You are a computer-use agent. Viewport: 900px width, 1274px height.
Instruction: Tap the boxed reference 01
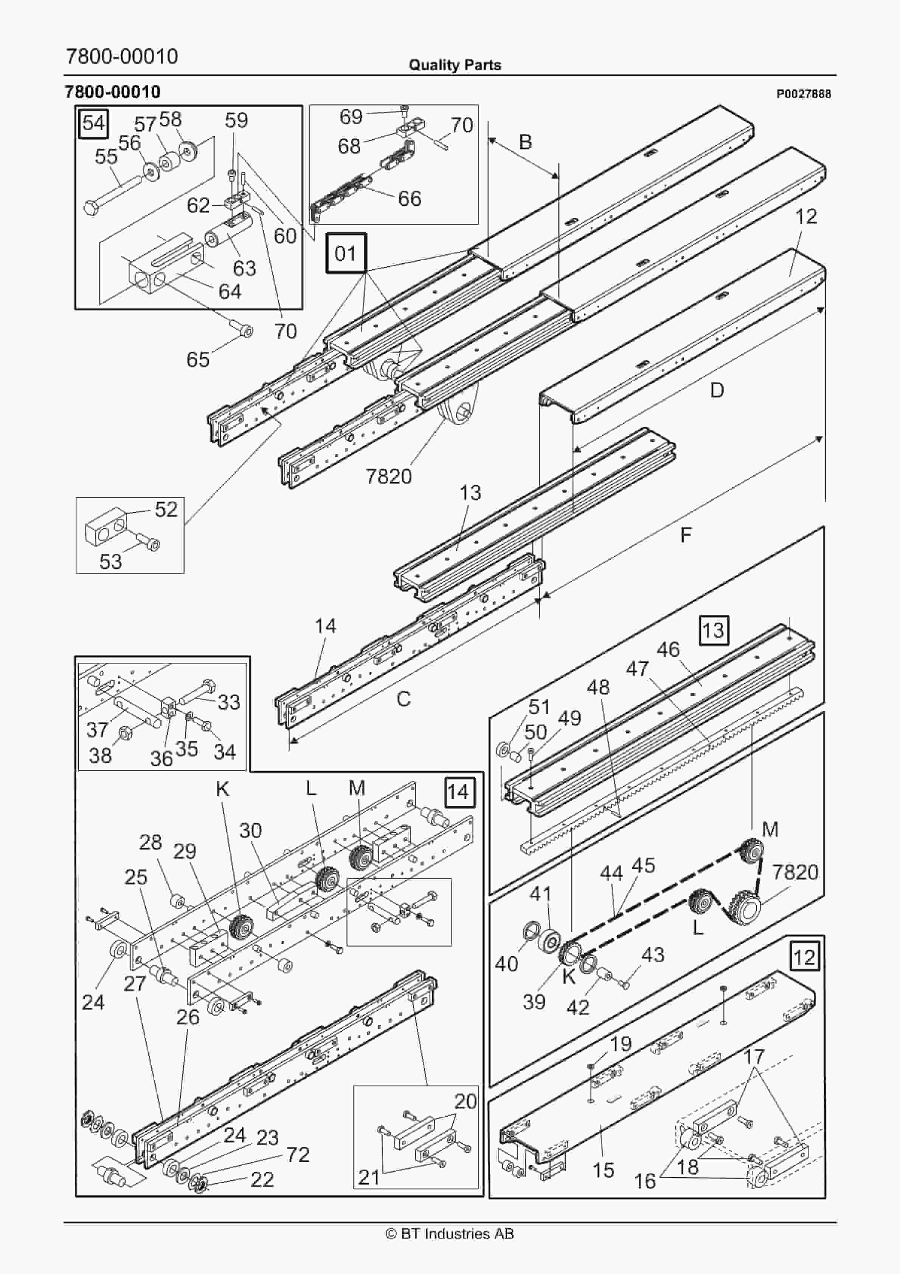346,253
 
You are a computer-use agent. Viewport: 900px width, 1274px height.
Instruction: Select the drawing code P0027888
804,94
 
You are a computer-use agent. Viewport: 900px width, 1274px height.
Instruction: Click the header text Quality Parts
455,65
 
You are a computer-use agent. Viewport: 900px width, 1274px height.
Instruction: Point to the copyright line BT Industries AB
450,1234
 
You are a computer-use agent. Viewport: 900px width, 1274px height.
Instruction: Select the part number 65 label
197,360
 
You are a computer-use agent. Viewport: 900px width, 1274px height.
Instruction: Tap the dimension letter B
525,143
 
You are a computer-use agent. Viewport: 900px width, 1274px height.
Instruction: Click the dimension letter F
686,535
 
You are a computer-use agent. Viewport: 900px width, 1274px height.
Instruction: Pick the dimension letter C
403,699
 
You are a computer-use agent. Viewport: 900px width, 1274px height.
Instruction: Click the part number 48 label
597,687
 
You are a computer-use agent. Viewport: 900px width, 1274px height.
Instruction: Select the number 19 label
620,1043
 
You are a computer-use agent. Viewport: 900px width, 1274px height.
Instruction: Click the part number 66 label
410,199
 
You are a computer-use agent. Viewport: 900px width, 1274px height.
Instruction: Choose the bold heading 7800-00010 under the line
113,92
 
